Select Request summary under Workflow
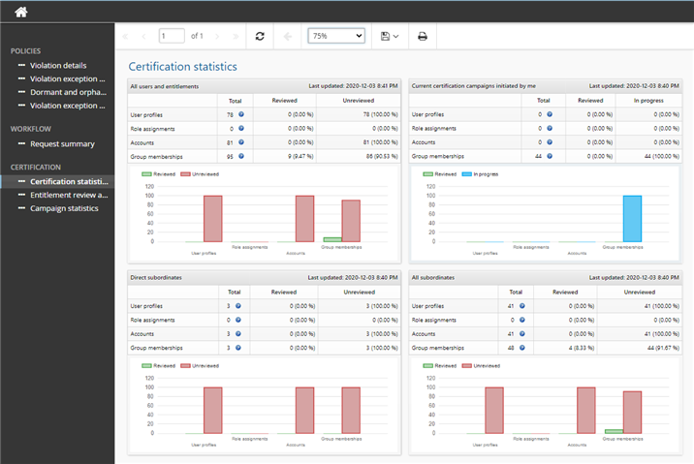point(62,143)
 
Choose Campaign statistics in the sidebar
point(64,208)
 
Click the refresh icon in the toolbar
point(260,36)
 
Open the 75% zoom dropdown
point(336,36)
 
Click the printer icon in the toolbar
point(422,36)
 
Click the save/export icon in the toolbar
point(390,36)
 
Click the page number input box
point(172,36)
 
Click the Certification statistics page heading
point(183,67)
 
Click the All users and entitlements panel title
point(165,86)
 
